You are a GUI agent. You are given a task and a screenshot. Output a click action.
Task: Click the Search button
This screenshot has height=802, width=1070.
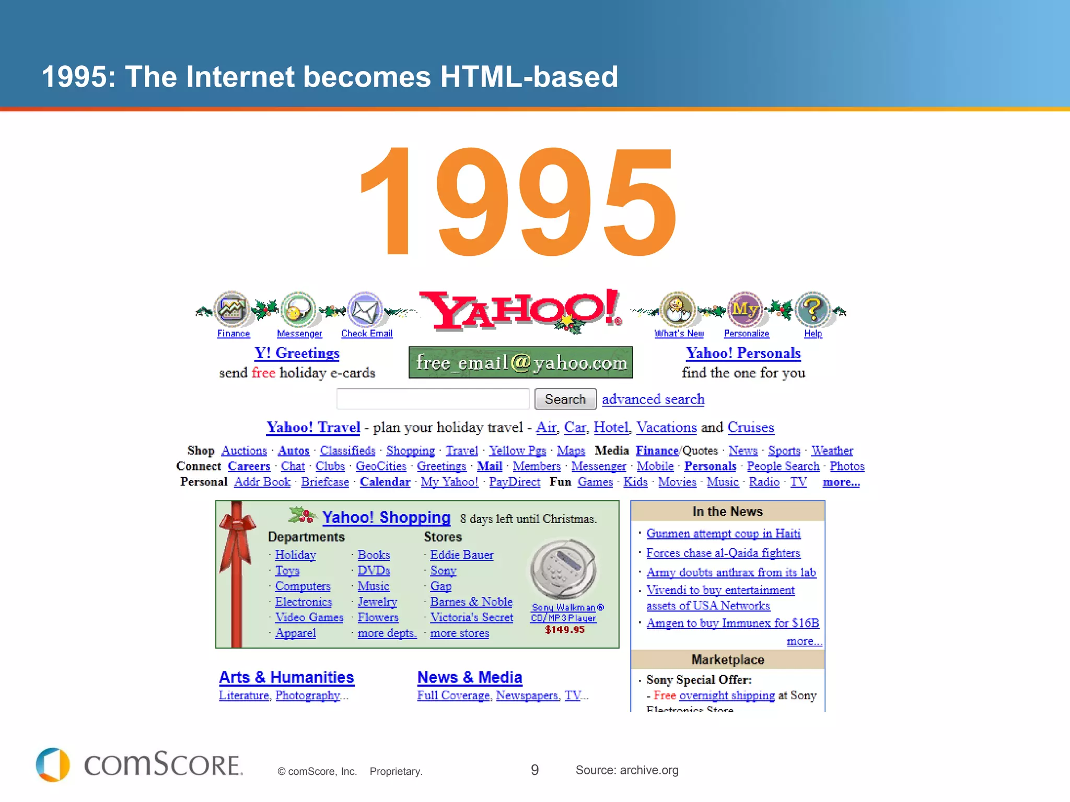(565, 399)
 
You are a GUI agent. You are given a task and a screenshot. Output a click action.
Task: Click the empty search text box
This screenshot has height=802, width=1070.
(433, 399)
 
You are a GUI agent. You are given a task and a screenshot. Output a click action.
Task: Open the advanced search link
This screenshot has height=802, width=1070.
(653, 399)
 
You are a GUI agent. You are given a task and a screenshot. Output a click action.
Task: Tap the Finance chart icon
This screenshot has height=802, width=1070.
(231, 309)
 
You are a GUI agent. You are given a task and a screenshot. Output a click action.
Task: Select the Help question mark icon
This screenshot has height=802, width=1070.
(812, 309)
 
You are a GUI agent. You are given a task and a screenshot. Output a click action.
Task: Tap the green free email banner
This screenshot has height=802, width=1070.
(520, 362)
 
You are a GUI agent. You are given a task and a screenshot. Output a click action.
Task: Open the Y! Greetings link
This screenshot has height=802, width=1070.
(297, 353)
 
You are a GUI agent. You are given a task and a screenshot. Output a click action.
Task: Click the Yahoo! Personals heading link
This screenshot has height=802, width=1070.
(743, 353)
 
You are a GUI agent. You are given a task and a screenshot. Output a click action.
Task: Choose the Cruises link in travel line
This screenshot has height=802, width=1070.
(750, 428)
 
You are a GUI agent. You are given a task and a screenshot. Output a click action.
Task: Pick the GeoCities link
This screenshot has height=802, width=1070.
(381, 466)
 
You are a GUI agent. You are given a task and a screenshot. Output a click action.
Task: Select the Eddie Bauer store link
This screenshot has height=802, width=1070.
(461, 555)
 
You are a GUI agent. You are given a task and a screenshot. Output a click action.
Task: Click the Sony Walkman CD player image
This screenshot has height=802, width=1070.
(563, 569)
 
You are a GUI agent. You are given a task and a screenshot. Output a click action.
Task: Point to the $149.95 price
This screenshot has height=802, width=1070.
(564, 630)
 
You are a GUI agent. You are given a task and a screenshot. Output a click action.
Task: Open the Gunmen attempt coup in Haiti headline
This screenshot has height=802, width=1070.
(723, 534)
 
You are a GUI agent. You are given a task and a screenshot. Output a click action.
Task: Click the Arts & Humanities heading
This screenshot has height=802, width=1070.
(286, 677)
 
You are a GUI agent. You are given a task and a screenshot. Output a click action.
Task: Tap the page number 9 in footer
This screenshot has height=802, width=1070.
(534, 770)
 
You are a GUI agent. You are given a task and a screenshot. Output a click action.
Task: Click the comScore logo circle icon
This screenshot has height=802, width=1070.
(52, 765)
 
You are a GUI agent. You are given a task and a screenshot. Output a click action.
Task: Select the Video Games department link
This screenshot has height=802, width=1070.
(309, 618)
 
